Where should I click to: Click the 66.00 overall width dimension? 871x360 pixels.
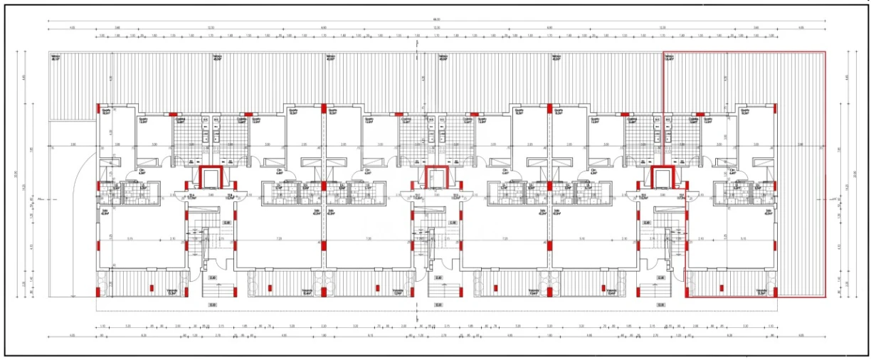[x=436, y=20]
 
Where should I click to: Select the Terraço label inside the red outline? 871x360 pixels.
[x=669, y=58]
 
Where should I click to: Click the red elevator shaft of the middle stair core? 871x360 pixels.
[x=435, y=178]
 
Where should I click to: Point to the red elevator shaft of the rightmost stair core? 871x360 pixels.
[x=662, y=178]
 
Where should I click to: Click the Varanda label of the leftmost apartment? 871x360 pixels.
[x=171, y=291]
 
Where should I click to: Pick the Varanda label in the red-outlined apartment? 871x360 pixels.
[x=760, y=291]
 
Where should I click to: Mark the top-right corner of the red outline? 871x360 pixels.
[x=825, y=52]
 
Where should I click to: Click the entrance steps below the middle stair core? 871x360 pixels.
[x=438, y=289]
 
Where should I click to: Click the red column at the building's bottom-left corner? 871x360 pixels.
[x=98, y=292]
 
